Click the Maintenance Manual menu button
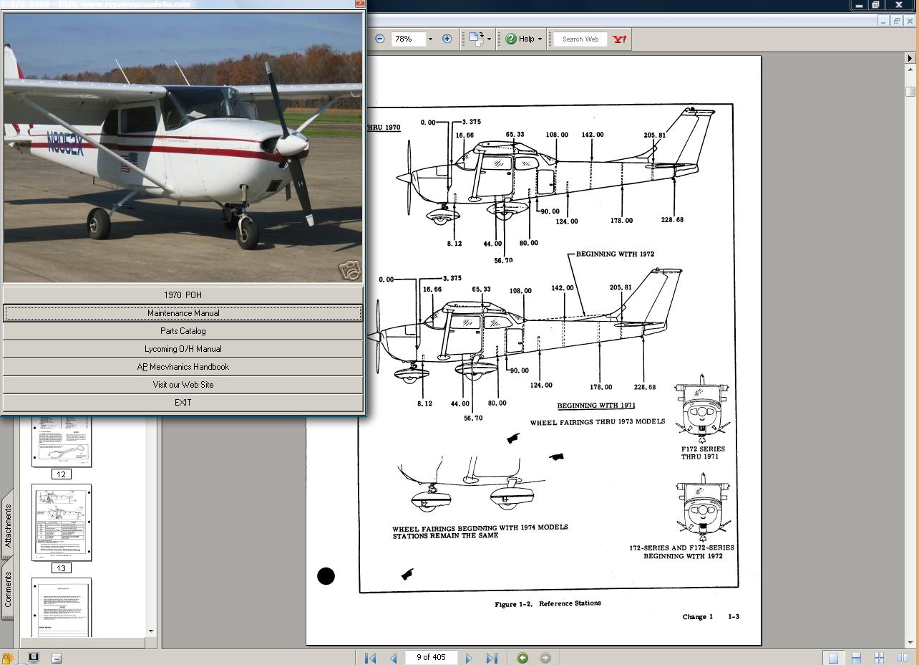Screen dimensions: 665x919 (x=183, y=313)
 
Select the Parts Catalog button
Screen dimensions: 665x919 (x=183, y=331)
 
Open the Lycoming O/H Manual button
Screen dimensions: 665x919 (x=183, y=349)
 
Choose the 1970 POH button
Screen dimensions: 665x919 (x=183, y=295)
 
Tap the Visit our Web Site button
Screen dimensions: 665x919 (x=183, y=385)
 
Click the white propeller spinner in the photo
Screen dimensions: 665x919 (x=291, y=145)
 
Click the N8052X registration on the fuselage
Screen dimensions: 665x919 (x=65, y=143)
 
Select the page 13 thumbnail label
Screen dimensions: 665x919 (x=61, y=568)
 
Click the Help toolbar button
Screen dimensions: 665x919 (x=524, y=39)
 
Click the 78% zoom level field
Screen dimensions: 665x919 (x=408, y=39)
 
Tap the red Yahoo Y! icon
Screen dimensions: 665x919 (x=619, y=39)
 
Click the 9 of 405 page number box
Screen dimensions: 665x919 (x=431, y=657)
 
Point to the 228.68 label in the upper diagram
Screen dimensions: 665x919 (x=671, y=220)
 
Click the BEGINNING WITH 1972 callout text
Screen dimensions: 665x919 (x=615, y=254)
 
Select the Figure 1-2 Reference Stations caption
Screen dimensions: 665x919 (x=548, y=603)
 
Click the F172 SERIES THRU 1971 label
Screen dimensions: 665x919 (x=702, y=453)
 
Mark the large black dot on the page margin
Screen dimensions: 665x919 (x=326, y=576)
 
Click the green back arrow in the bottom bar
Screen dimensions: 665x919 (x=522, y=658)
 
